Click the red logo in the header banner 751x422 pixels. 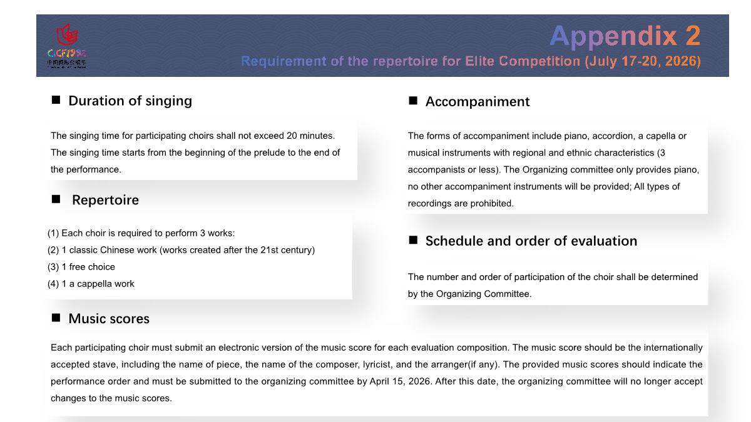click(67, 35)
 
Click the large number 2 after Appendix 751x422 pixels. click(692, 36)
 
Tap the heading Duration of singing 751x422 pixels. click(130, 101)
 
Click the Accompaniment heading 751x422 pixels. click(478, 102)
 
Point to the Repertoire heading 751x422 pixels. click(105, 200)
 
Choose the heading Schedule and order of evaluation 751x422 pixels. click(531, 241)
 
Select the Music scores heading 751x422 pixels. click(109, 319)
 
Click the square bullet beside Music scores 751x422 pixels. click(56, 318)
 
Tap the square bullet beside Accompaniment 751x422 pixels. click(413, 101)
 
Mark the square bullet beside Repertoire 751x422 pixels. click(56, 199)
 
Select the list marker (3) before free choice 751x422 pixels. click(53, 267)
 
